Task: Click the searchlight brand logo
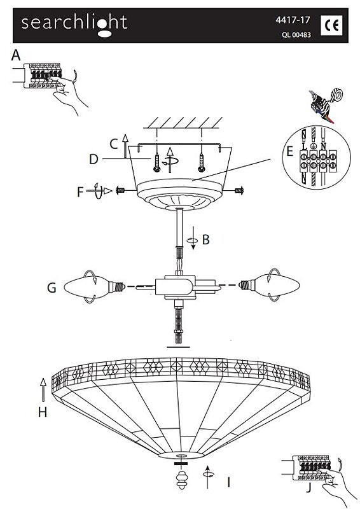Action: pyautogui.click(x=74, y=25)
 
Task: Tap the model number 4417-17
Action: pyautogui.click(x=293, y=20)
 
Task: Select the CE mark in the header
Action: pyautogui.click(x=331, y=25)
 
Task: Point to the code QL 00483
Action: pyautogui.click(x=296, y=34)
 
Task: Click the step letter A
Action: pyautogui.click(x=15, y=55)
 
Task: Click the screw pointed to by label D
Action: pyautogui.click(x=157, y=163)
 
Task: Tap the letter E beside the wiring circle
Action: pyautogui.click(x=289, y=151)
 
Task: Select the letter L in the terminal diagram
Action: pyautogui.click(x=304, y=147)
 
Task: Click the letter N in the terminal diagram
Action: pyautogui.click(x=323, y=147)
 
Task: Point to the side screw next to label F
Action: pyautogui.click(x=121, y=190)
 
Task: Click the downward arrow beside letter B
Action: pyautogui.click(x=193, y=238)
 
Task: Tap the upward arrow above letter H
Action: pyautogui.click(x=43, y=389)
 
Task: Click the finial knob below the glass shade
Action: pyautogui.click(x=183, y=480)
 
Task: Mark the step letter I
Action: pyautogui.click(x=228, y=482)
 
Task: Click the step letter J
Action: pyautogui.click(x=308, y=487)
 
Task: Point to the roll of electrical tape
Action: pyautogui.click(x=336, y=95)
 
